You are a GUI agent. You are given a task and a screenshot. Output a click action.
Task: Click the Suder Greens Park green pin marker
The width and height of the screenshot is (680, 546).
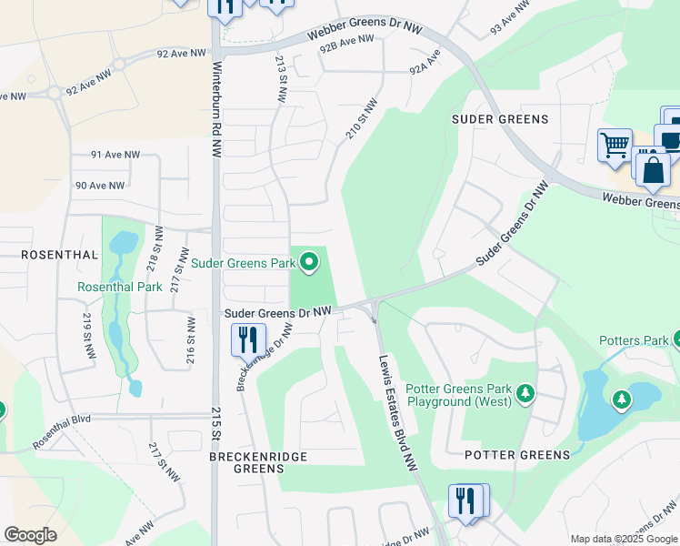click(x=309, y=263)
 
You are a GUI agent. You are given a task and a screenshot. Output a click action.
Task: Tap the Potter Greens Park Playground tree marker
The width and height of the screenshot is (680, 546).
click(x=525, y=393)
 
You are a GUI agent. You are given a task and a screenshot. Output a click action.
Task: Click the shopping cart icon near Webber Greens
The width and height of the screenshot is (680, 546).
click(x=615, y=145)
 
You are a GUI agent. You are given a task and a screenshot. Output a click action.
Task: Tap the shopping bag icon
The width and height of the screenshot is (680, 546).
click(x=653, y=170)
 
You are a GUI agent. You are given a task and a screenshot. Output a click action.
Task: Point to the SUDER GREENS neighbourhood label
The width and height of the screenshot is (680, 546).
click(x=500, y=119)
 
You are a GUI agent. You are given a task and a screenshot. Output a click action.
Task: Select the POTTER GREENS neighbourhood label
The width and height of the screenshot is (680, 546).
click(x=517, y=454)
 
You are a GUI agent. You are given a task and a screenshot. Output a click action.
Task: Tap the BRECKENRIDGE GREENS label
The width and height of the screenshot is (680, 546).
click(x=258, y=462)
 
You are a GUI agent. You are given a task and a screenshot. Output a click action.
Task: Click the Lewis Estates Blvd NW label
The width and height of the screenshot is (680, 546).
click(x=397, y=411)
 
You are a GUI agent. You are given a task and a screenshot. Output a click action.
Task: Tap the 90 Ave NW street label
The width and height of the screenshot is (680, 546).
click(x=100, y=186)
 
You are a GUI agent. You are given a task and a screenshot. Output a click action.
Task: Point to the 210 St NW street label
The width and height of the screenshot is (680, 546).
click(x=360, y=119)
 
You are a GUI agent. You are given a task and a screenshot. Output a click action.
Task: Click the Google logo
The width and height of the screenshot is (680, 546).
click(x=31, y=535)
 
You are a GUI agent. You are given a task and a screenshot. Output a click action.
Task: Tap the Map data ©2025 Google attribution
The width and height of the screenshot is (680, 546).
click(x=624, y=539)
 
